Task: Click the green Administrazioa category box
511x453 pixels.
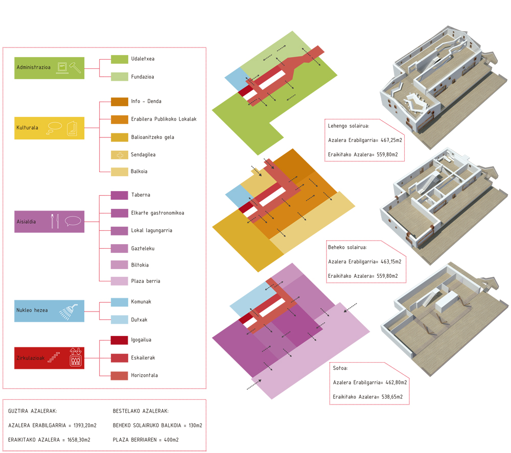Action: pos(49,68)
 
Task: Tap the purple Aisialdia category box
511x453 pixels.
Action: pos(49,222)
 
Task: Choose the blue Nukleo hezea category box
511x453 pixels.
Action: pos(49,311)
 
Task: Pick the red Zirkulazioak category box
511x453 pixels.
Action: pos(49,357)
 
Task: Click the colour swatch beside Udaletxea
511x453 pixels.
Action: pos(120,59)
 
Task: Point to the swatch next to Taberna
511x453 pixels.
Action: pos(120,195)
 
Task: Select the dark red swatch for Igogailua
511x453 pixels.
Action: pos(120,340)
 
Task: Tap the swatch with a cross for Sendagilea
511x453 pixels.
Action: pos(120,155)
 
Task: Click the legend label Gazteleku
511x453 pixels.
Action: pos(143,249)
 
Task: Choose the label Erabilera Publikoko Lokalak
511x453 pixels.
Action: pos(164,120)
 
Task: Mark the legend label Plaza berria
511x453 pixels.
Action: pos(146,281)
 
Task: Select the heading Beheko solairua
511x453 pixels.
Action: pos(347,248)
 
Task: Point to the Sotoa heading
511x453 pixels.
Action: pos(341,368)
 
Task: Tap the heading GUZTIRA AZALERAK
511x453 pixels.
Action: pos(33,411)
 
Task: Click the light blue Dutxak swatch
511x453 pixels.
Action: pos(120,320)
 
